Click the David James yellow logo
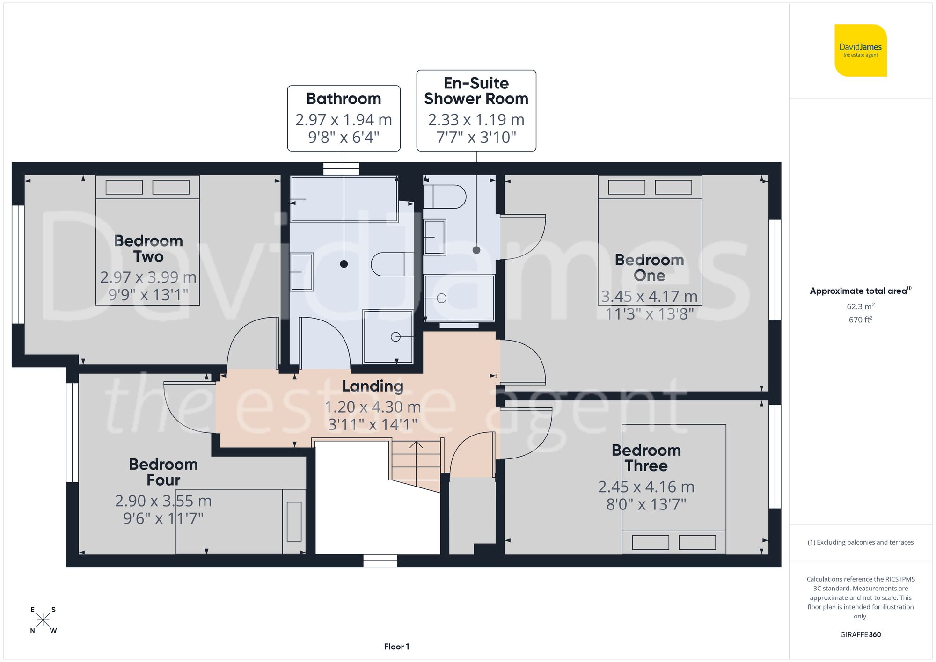pyautogui.click(x=860, y=51)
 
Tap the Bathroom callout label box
pyautogui.click(x=344, y=118)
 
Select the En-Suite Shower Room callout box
pyautogui.click(x=476, y=110)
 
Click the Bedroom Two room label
pyautogui.click(x=148, y=248)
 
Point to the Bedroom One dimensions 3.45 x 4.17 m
pyautogui.click(x=649, y=296)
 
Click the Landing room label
pyautogui.click(x=373, y=386)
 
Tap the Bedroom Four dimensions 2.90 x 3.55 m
pyautogui.click(x=163, y=501)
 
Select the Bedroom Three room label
pyautogui.click(x=646, y=458)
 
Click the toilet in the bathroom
pyautogui.click(x=392, y=264)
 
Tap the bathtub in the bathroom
pyautogui.click(x=344, y=199)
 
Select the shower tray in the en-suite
pyautogui.click(x=459, y=298)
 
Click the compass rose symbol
pyautogui.click(x=43, y=620)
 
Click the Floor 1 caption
pyautogui.click(x=396, y=647)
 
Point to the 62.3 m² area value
pyautogui.click(x=860, y=306)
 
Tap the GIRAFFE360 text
pyautogui.click(x=860, y=634)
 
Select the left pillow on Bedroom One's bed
pyautogui.click(x=626, y=187)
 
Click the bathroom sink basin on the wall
pyautogui.click(x=301, y=272)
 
